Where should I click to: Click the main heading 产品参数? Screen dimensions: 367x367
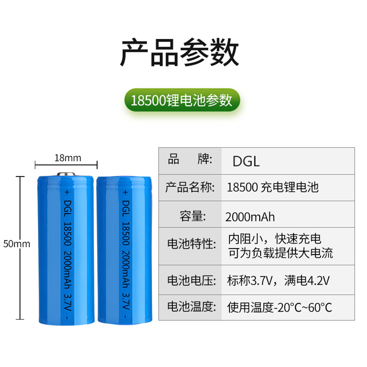(x=179, y=53)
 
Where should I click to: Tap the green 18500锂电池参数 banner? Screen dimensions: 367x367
(x=182, y=100)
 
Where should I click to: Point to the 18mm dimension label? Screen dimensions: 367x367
(x=67, y=158)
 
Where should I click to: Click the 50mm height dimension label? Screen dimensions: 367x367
(x=16, y=244)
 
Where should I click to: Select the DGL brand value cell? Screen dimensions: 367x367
(x=246, y=161)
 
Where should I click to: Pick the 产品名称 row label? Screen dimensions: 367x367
(x=190, y=187)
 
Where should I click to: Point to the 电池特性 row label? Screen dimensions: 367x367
(x=190, y=244)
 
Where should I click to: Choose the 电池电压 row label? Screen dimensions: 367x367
(x=190, y=279)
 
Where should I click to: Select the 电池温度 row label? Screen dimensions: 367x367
(x=190, y=306)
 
